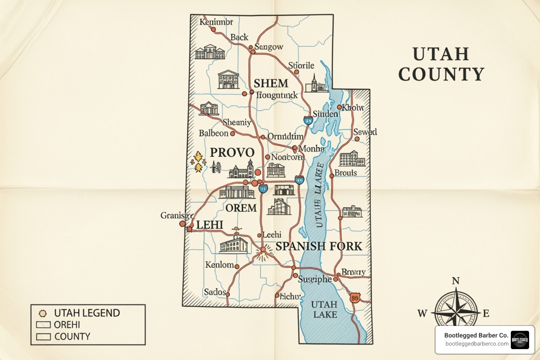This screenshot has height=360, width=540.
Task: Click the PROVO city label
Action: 232,153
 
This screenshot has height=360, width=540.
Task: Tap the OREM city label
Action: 241,208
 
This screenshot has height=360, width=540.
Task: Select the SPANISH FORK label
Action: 319,246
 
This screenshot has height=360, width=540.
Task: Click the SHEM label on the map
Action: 271,83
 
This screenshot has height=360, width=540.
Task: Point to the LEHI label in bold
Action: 210,225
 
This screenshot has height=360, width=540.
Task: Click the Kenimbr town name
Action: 216,22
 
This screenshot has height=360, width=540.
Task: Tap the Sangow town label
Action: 269,47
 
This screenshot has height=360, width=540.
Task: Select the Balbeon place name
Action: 213,133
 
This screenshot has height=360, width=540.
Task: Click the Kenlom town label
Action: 219,265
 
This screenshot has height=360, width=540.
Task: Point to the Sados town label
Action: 214,292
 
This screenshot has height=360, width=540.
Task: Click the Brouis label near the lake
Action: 346,173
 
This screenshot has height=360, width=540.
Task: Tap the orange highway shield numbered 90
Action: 355,298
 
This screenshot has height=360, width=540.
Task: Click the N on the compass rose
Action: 456,281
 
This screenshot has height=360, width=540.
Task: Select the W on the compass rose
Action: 422,313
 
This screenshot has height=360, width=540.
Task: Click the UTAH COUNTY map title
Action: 441,64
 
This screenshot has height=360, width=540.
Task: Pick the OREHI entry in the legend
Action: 67,324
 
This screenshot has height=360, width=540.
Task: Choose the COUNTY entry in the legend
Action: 72,336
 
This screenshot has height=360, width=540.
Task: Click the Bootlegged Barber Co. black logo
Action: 520,340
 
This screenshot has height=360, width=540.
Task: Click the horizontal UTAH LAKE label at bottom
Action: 324,309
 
